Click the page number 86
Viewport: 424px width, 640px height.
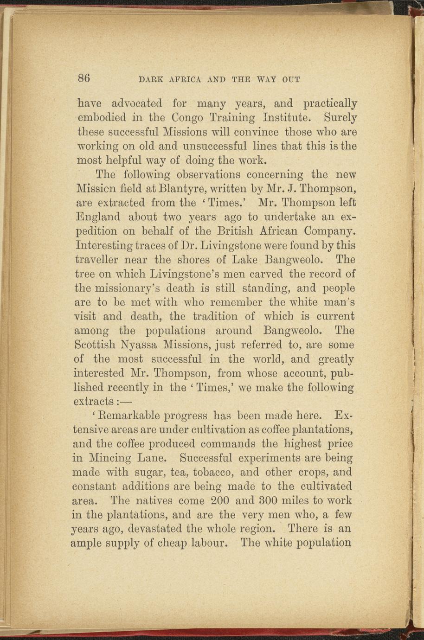pos(84,77)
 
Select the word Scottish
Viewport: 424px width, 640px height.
pos(97,345)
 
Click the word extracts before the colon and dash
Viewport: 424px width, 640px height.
pos(94,401)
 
